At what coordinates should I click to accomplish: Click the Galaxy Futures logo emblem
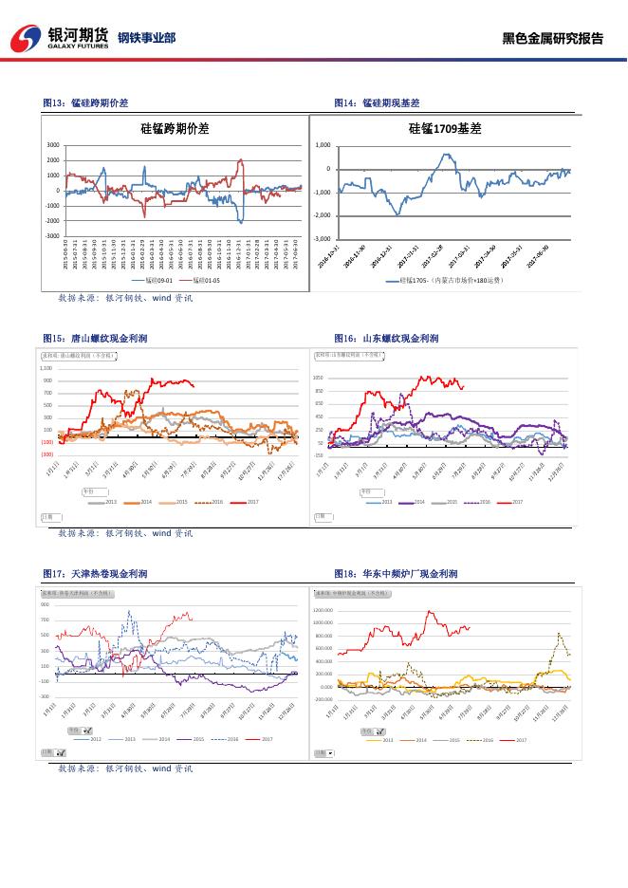point(26,38)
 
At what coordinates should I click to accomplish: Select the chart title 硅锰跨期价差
point(174,127)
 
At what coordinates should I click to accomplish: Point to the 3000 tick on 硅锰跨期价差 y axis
point(52,145)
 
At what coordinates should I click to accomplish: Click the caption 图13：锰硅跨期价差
point(85,102)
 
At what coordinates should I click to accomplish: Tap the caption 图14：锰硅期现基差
point(377,102)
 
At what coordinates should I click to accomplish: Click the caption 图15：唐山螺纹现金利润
point(95,338)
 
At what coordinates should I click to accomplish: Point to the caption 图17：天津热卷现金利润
point(95,574)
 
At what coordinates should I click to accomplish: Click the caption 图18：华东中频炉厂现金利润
point(396,574)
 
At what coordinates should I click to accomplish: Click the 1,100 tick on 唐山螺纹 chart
point(46,367)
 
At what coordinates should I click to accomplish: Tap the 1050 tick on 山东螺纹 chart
point(319,378)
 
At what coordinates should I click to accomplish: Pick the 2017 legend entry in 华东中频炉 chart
point(521,739)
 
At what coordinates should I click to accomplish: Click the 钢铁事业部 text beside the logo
point(146,39)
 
